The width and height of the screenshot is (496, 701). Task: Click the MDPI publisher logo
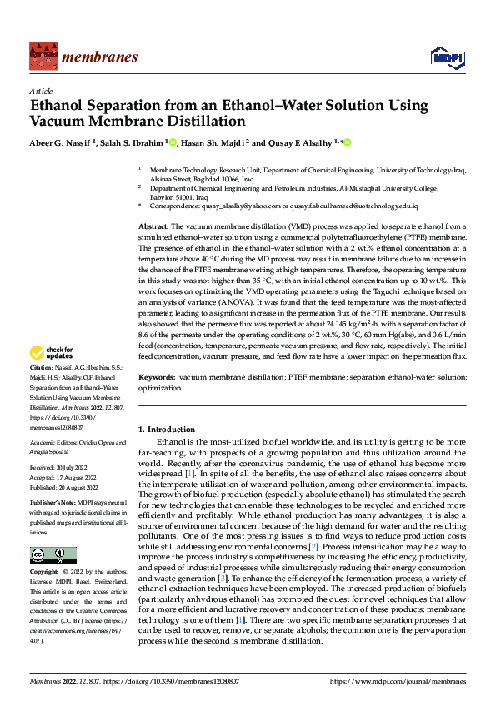click(447, 56)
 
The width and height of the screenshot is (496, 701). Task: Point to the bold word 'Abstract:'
click(153, 226)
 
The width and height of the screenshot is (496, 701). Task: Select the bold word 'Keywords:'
click(156, 377)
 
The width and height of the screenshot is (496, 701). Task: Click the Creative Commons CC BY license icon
click(53, 554)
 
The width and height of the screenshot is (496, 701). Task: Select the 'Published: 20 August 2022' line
click(64, 487)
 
